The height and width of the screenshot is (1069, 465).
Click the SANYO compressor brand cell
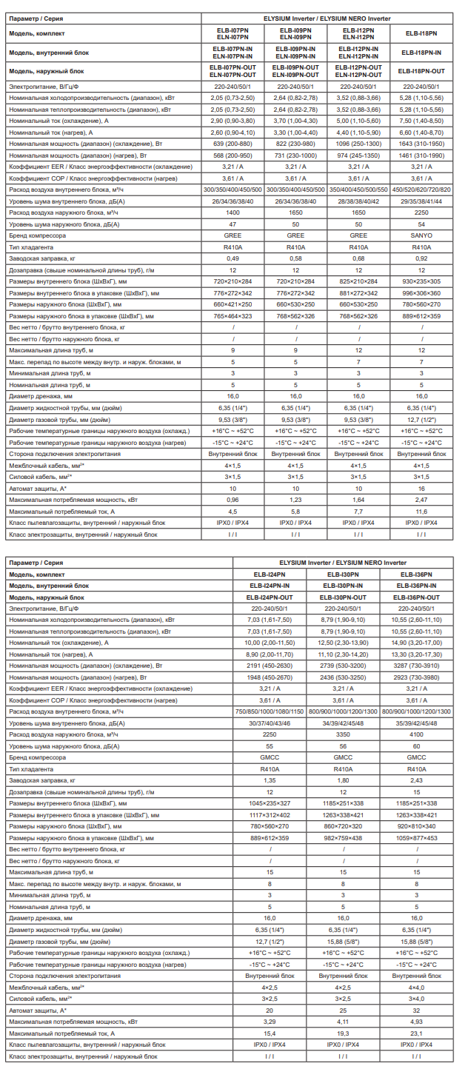(421, 235)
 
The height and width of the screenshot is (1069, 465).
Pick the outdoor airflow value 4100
(416, 734)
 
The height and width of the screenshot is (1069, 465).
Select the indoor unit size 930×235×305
(421, 281)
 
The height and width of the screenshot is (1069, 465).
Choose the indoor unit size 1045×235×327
(270, 802)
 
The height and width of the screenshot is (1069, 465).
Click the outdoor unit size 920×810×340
(416, 825)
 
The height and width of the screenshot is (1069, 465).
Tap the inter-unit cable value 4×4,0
(416, 988)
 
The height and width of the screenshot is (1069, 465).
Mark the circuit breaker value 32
(416, 1011)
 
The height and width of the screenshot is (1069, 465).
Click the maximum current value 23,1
(416, 1033)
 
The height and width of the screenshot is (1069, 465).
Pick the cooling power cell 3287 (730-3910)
(416, 666)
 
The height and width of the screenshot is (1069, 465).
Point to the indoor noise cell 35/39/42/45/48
(416, 723)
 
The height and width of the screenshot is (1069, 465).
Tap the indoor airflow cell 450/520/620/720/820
(421, 189)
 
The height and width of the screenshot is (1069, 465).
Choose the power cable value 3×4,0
(416, 999)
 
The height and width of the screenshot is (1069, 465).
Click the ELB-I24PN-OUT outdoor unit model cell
(270, 597)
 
